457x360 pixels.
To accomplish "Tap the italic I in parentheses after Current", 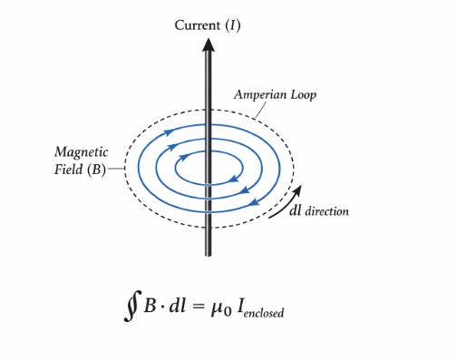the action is pyautogui.click(x=233, y=24).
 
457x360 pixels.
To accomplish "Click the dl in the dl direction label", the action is pyautogui.click(x=295, y=211).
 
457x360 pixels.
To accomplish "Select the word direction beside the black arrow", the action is pyautogui.click(x=326, y=211).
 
